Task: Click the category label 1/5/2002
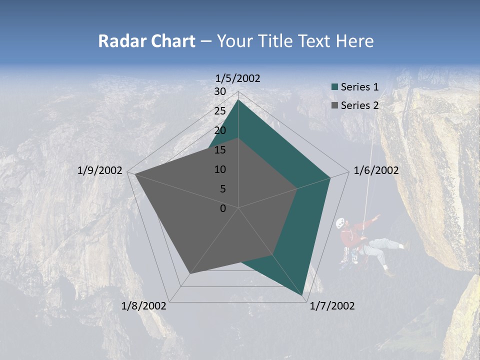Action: coord(237,78)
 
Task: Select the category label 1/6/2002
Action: coord(376,170)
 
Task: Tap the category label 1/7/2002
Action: coord(332,306)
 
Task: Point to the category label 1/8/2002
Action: coord(144,306)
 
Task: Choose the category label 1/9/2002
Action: coord(100,170)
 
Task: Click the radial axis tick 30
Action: coord(220,91)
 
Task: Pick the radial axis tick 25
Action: coord(220,111)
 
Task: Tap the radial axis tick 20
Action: coord(220,130)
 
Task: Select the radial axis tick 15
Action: coord(220,150)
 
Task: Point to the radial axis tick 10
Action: coord(220,169)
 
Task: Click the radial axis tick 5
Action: coord(222,189)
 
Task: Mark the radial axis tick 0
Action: coord(223,208)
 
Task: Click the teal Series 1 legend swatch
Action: coord(335,87)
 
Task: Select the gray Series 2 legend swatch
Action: coord(335,105)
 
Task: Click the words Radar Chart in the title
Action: coord(146,41)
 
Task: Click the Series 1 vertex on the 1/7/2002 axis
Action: coord(303,295)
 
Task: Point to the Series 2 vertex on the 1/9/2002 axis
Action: coord(134,174)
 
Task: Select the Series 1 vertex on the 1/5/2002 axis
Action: coord(238,99)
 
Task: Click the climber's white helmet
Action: coord(340,222)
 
